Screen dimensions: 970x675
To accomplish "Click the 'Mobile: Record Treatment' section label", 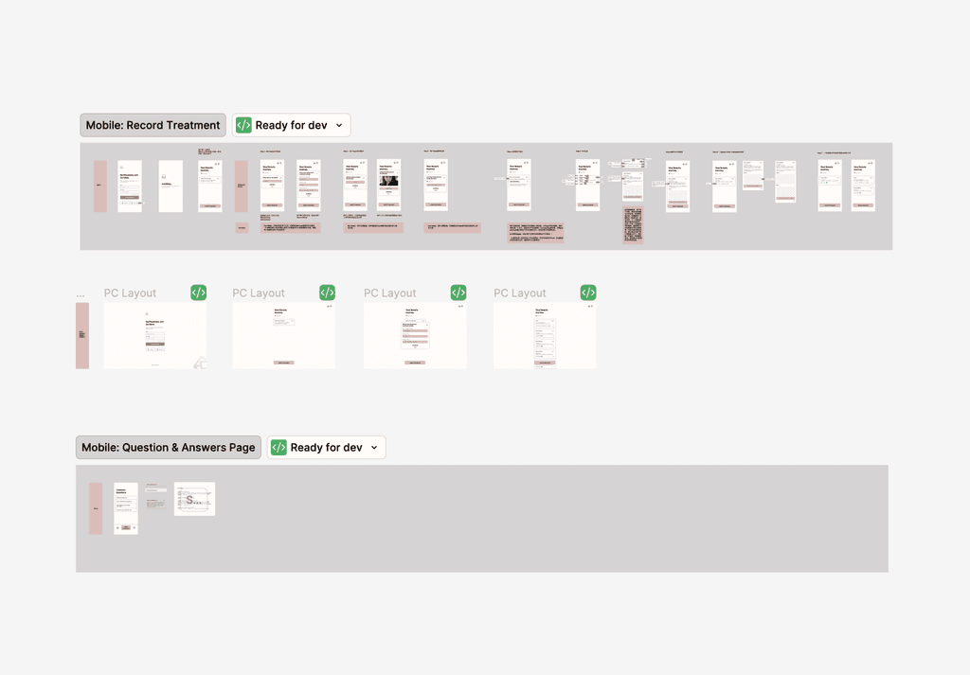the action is pos(153,125).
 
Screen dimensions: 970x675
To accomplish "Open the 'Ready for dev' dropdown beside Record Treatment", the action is pos(291,125).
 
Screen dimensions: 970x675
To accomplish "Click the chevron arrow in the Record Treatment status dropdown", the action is pos(339,125).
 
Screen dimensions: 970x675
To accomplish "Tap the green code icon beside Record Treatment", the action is pos(243,125).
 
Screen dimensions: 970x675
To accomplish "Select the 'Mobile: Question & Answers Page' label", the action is pos(168,448).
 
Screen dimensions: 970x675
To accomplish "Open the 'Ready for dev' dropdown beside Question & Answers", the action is pos(326,448).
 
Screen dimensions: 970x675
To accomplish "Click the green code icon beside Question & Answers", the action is pos(278,448).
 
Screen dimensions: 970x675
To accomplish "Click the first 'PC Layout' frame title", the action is pos(130,293).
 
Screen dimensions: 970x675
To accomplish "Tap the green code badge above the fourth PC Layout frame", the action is pos(588,293).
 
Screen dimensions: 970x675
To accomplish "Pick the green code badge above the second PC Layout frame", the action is pos(327,293).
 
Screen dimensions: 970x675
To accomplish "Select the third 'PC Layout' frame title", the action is pos(389,293).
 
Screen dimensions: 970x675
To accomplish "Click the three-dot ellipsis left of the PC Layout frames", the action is pos(81,295).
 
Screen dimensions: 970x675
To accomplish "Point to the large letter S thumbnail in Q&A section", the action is pos(194,499).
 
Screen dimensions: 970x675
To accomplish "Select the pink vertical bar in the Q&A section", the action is pos(96,508).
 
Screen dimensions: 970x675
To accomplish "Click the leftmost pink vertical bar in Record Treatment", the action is pos(100,186).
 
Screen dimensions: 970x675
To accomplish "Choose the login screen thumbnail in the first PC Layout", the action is pos(154,336).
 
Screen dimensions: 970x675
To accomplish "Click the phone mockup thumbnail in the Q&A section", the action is pos(126,508).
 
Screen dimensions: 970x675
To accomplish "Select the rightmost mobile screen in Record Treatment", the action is pos(863,185).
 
